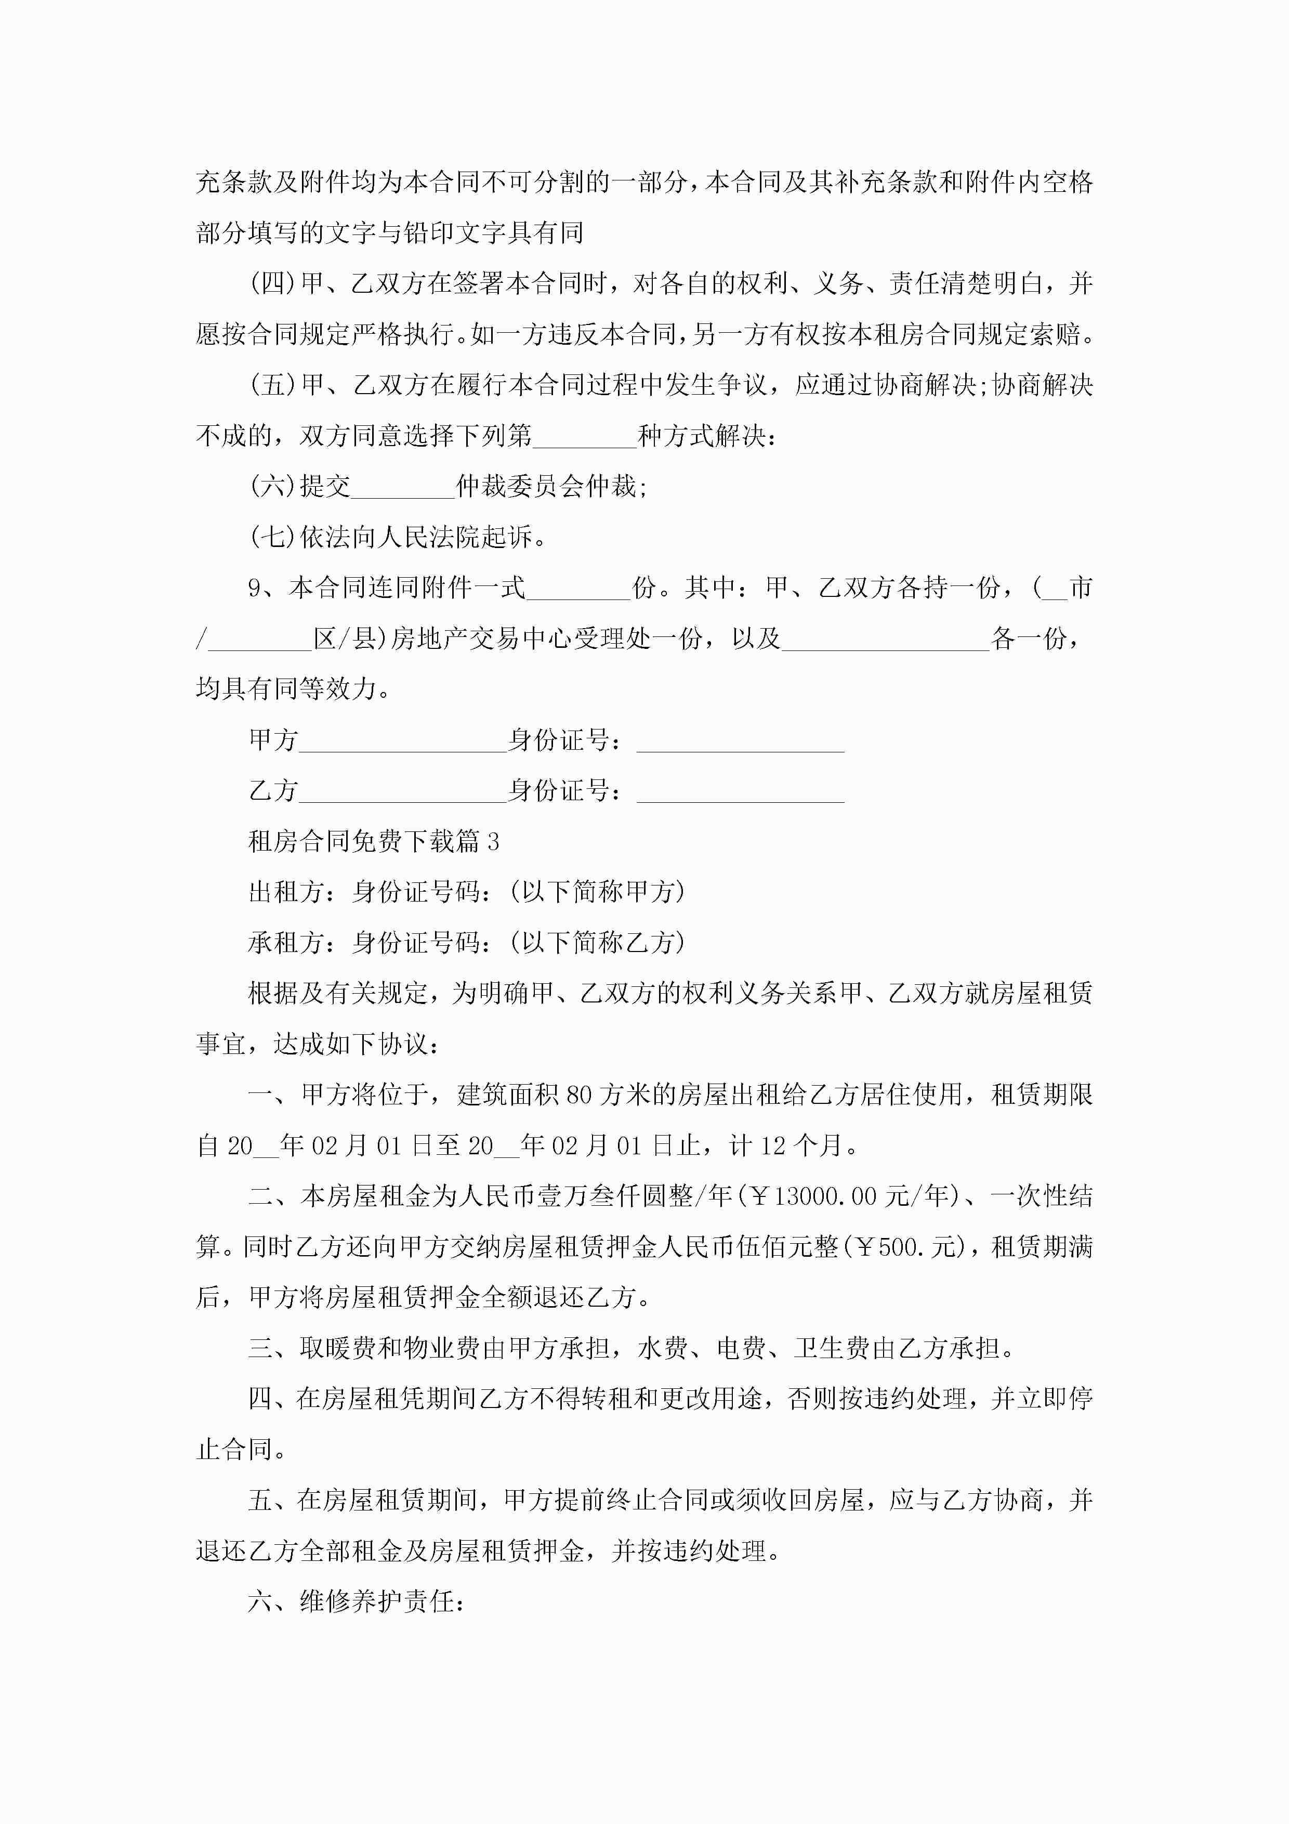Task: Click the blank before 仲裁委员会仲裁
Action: click(x=403, y=488)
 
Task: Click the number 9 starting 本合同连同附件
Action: click(x=254, y=589)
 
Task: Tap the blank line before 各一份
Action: click(x=886, y=640)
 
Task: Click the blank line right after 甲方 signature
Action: click(x=403, y=741)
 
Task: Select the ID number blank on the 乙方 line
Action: click(x=740, y=791)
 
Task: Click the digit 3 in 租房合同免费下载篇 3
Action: click(x=493, y=842)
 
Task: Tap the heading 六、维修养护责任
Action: click(x=356, y=1601)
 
